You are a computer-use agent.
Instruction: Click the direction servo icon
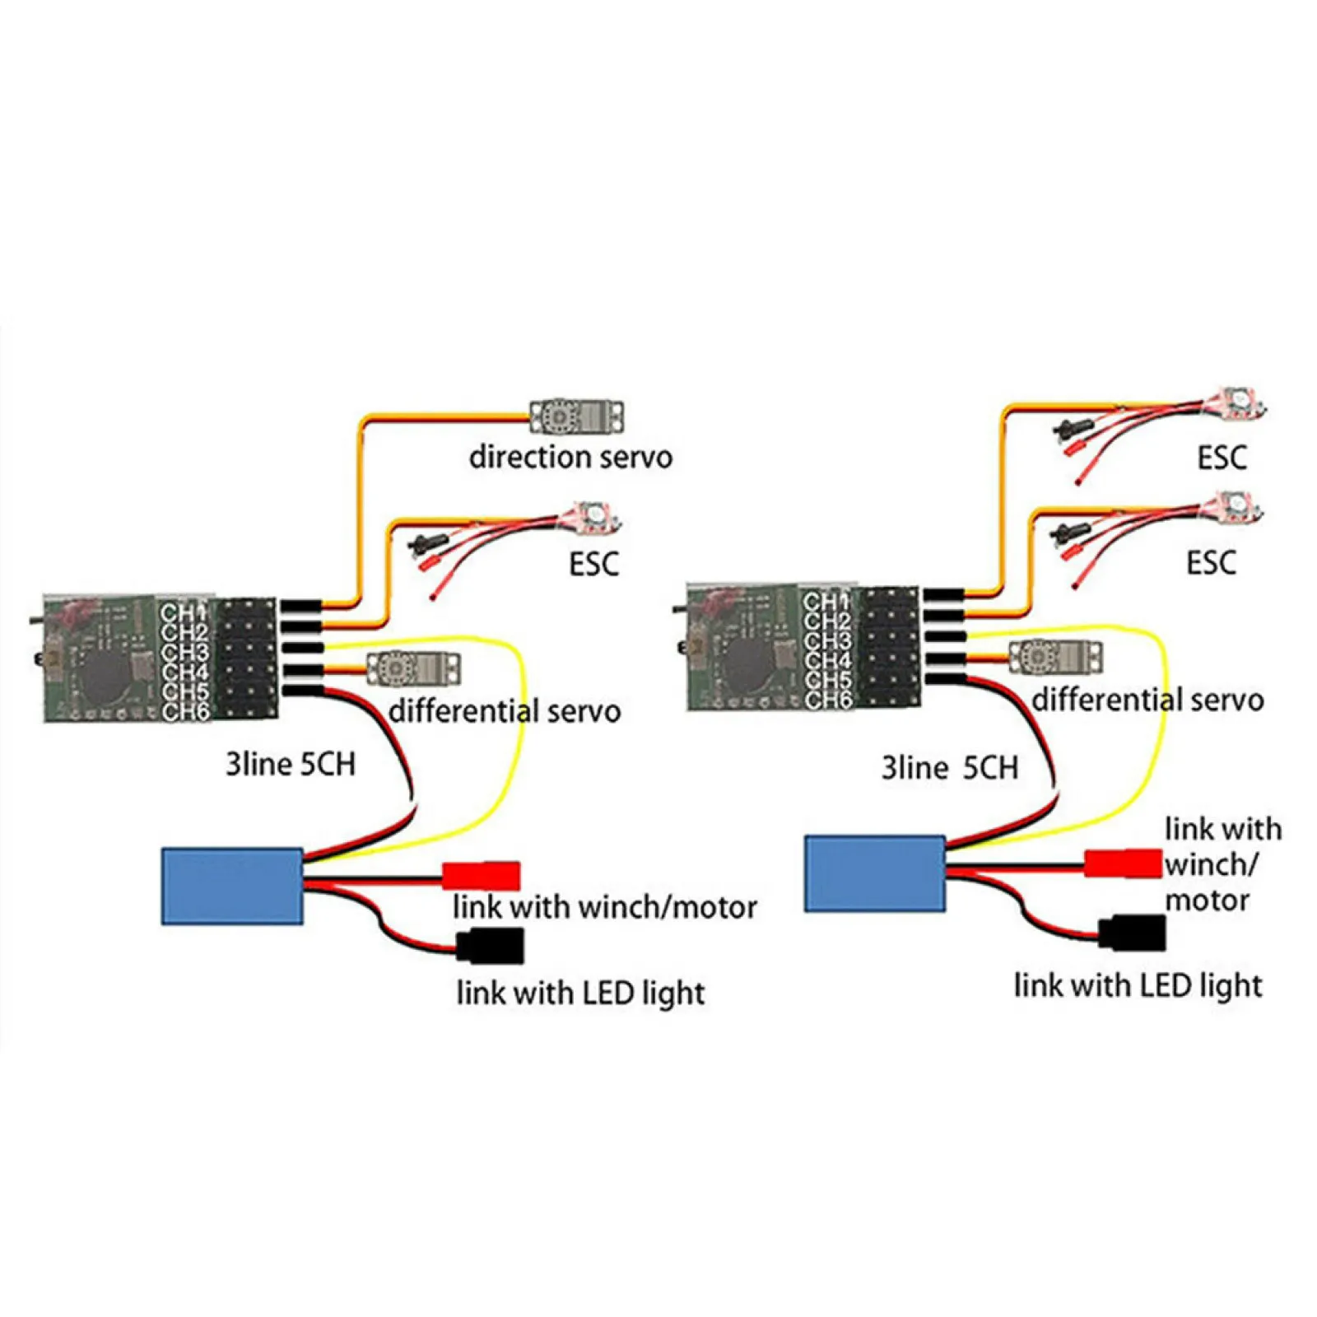(576, 417)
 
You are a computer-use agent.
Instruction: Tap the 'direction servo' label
(570, 457)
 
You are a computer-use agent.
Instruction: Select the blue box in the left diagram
(233, 886)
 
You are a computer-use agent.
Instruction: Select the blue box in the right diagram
(875, 873)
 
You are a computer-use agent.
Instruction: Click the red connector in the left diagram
(482, 874)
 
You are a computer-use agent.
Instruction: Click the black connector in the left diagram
(491, 945)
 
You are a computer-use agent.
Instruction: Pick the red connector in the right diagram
(1122, 863)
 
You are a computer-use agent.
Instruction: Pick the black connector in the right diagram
(1133, 933)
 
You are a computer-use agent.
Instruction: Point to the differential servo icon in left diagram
(412, 668)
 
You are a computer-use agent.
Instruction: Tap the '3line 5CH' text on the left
(291, 765)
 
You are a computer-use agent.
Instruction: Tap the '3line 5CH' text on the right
(949, 768)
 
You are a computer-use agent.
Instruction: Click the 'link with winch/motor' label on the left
(604, 907)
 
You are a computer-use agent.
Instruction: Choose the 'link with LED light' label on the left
(580, 994)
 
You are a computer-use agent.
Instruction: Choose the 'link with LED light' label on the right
(1138, 985)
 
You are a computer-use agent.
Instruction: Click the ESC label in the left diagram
(593, 564)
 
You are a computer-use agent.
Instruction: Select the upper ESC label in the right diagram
(1222, 458)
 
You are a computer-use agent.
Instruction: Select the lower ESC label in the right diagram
(1211, 563)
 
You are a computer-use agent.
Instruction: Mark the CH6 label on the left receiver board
(185, 711)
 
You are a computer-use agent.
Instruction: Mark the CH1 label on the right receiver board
(826, 603)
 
